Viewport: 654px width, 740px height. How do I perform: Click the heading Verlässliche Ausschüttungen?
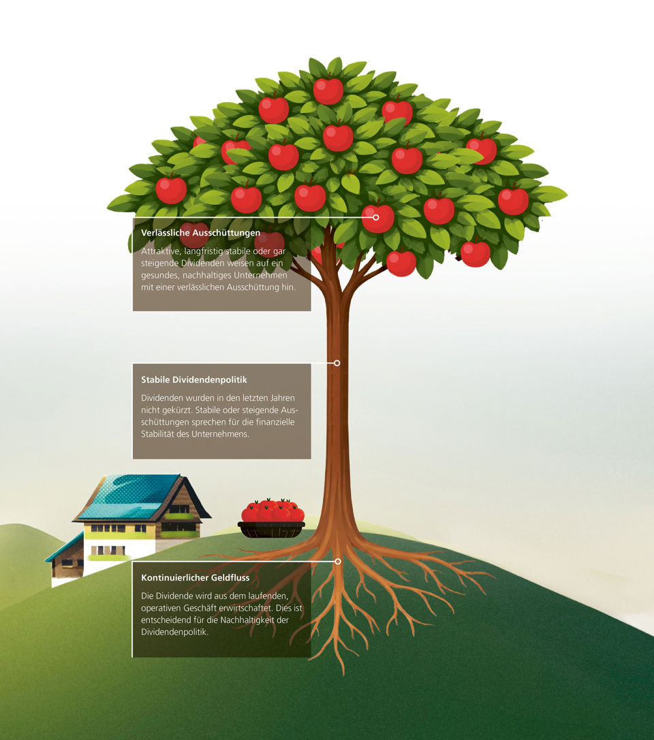click(201, 233)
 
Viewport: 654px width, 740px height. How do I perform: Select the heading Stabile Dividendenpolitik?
click(194, 379)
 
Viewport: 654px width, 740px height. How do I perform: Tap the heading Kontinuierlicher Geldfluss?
click(195, 578)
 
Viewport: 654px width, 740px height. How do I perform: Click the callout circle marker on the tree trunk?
click(337, 363)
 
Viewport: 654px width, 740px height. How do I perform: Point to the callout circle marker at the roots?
click(338, 561)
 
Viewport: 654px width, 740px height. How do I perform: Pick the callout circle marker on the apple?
click(376, 217)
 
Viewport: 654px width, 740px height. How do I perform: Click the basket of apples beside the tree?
click(272, 518)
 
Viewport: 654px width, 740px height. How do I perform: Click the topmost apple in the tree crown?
click(328, 90)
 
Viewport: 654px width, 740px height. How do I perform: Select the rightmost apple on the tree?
click(513, 200)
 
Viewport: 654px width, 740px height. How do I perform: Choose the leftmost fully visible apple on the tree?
click(171, 189)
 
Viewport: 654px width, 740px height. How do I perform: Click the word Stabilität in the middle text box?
click(158, 434)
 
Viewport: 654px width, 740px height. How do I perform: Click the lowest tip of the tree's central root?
click(343, 675)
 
